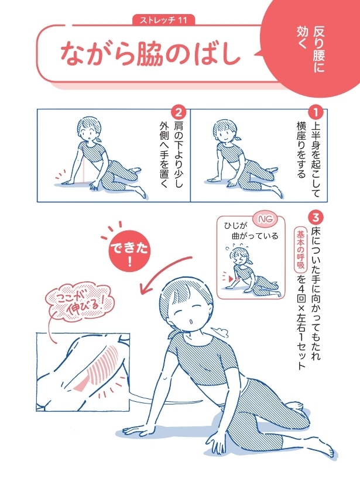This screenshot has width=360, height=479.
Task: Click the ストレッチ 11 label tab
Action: pos(164,20)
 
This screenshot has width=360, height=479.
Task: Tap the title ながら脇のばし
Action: pos(150,56)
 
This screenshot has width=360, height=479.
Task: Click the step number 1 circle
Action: pos(316,112)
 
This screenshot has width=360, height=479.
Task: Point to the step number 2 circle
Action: pos(179,112)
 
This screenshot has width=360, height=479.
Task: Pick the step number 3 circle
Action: pos(316,218)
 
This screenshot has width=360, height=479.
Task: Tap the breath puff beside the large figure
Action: pos(221,331)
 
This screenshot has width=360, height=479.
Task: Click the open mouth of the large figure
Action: pos(191,321)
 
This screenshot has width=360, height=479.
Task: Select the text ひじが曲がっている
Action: pos(251,230)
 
